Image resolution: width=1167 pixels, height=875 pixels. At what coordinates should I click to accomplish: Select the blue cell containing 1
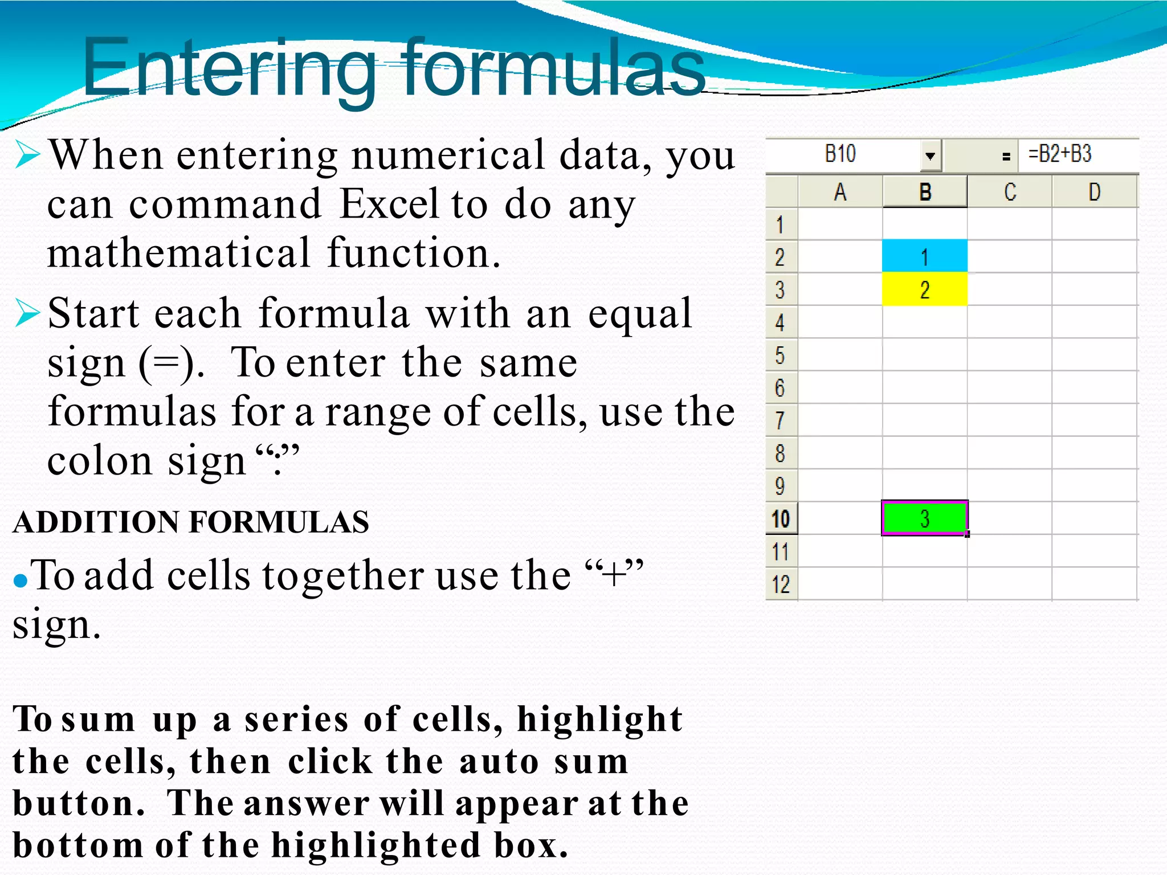[924, 256]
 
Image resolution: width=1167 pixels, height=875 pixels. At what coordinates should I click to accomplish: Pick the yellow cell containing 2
[924, 289]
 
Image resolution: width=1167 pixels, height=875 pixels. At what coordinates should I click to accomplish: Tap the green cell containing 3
[924, 518]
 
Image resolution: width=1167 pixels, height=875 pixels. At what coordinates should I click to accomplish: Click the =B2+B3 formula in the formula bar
[1059, 154]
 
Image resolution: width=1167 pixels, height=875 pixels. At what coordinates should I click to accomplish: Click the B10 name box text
[840, 154]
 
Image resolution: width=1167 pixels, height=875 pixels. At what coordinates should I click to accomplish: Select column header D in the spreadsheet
[1094, 192]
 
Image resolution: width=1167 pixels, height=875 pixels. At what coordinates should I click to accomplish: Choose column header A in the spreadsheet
[840, 192]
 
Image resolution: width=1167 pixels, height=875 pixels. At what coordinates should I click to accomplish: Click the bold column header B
[925, 192]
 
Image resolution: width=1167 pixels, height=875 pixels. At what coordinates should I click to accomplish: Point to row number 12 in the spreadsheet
[781, 584]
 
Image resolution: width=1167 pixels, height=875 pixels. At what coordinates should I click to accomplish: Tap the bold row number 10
[781, 519]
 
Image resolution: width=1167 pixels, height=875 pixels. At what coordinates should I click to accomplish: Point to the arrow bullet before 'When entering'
[27, 154]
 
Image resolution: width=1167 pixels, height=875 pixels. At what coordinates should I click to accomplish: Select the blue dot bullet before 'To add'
[21, 580]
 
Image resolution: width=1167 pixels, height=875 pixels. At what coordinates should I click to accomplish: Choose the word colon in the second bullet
[99, 460]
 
